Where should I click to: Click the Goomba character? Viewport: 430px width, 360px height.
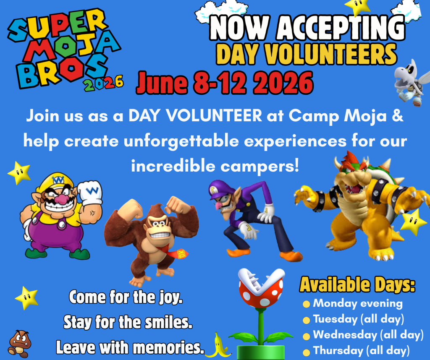click(x=19, y=344)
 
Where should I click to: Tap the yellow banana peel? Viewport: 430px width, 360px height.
click(x=219, y=345)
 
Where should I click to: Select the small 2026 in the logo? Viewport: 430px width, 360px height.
click(x=104, y=83)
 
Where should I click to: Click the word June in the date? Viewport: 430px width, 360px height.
click(x=162, y=83)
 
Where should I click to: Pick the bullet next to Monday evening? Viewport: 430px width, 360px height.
click(x=306, y=304)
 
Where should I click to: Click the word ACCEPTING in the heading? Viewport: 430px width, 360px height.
click(x=341, y=28)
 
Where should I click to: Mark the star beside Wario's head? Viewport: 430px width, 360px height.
click(x=19, y=173)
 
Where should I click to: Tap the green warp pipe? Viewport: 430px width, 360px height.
click(x=260, y=352)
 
